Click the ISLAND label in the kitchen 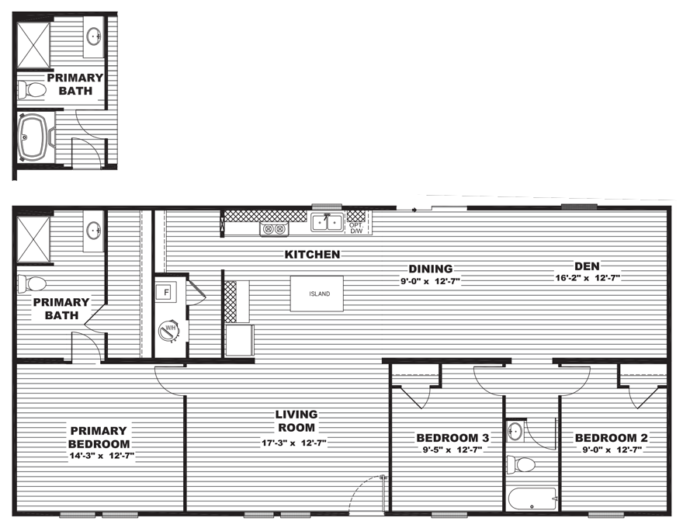point(319,294)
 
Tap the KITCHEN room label point(312,255)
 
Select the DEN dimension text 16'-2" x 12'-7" point(588,278)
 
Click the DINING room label point(430,269)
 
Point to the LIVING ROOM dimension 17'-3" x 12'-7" point(294,443)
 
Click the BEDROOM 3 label point(452,438)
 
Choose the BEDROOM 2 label point(612,438)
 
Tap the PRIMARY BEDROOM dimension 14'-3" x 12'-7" point(102,457)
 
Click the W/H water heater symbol point(168,330)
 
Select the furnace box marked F point(165,292)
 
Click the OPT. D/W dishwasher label point(356,228)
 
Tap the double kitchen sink point(327,222)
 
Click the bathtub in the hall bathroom point(532,498)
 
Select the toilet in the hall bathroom point(522,465)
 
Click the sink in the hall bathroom point(515,430)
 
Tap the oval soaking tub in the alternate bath point(33,137)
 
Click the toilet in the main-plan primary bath point(31,284)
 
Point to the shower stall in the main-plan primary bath point(34,240)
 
